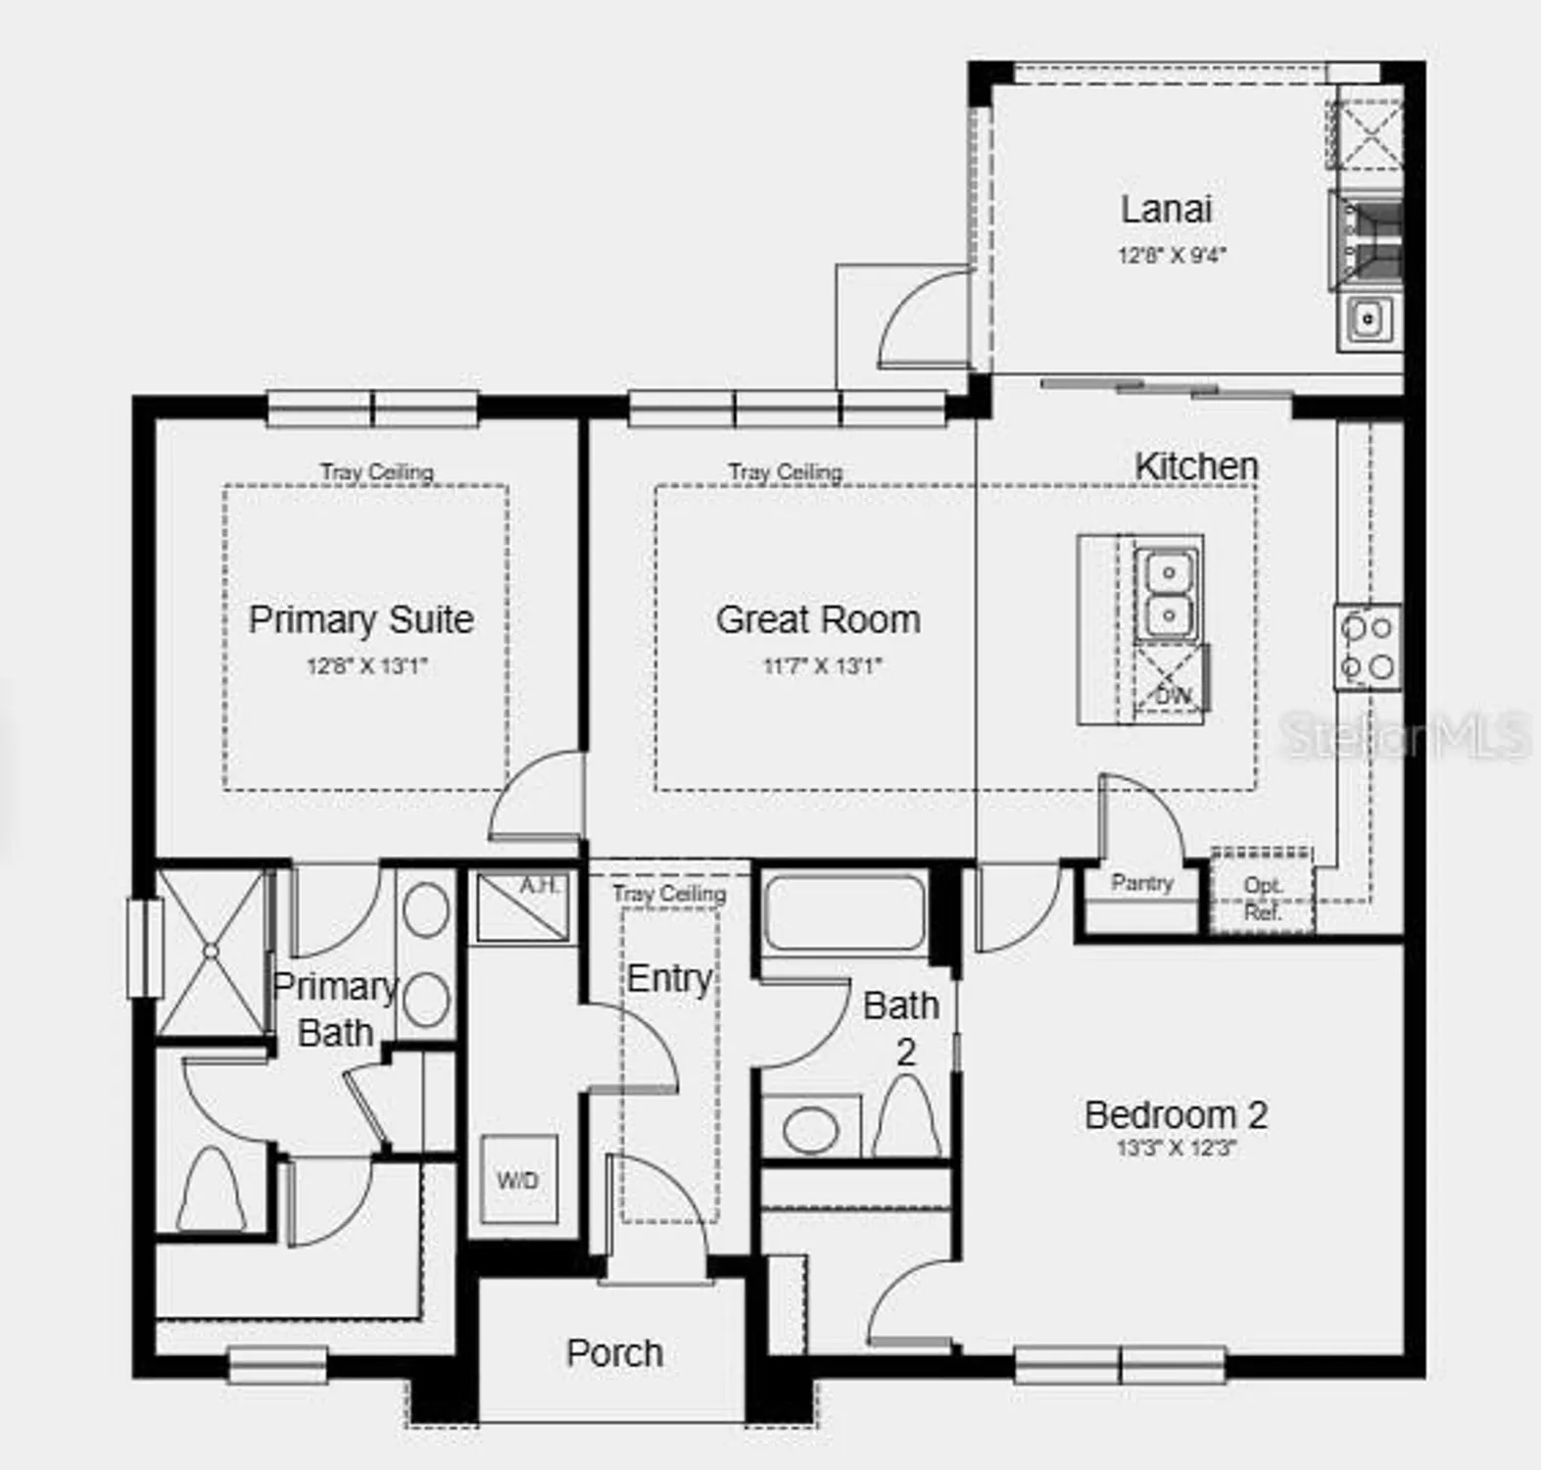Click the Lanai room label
tap(1166, 209)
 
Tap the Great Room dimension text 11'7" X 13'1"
tap(822, 666)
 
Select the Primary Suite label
tap(361, 619)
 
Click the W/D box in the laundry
tap(518, 1180)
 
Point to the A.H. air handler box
tap(521, 906)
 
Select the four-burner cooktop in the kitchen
tap(1368, 647)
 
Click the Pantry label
tap(1141, 883)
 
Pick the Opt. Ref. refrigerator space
tap(1262, 897)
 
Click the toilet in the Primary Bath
tap(212, 1188)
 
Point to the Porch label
tap(614, 1353)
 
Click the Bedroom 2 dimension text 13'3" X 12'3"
tap(1176, 1148)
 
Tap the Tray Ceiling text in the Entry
tap(669, 894)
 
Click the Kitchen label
tap(1196, 466)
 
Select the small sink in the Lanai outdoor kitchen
tap(1368, 318)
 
